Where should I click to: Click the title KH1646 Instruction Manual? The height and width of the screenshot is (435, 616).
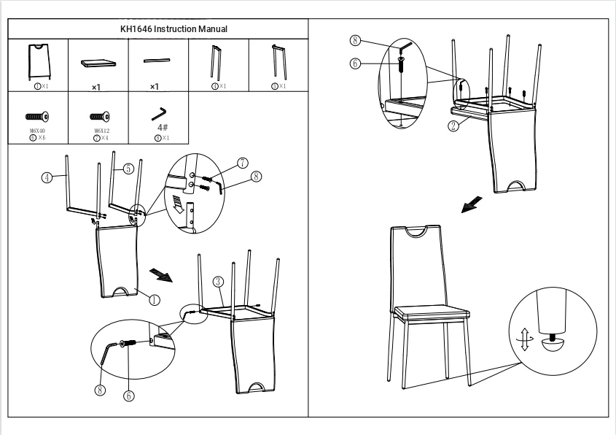point(174,29)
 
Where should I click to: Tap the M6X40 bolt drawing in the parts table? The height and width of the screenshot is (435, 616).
point(37,116)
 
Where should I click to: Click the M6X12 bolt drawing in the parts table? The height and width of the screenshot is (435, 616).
point(99,116)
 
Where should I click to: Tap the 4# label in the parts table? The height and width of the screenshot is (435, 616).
point(163,128)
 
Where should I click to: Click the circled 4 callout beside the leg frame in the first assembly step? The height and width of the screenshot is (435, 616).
point(46,177)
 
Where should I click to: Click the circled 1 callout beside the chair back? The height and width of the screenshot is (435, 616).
point(154,299)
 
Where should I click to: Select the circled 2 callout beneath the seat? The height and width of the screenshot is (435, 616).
point(453,126)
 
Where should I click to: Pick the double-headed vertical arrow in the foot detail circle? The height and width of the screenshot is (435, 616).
point(524,340)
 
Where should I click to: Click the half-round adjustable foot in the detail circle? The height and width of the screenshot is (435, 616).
point(554,347)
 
